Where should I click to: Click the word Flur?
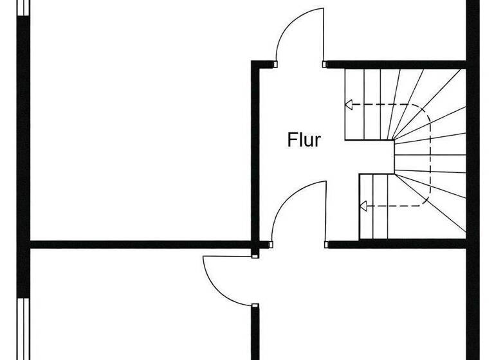(x=304, y=140)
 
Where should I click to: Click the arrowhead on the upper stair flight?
(x=349, y=105)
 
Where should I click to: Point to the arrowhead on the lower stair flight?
(x=363, y=206)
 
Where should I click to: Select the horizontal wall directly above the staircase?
(x=396, y=64)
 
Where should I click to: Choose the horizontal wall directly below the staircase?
(x=396, y=244)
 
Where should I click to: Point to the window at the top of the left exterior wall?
(x=23, y=8)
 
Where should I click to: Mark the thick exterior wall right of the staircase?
(x=473, y=154)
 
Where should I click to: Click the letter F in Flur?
(x=291, y=140)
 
